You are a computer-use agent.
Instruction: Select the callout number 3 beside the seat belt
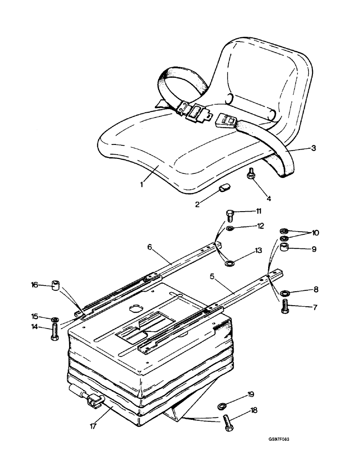[314, 149]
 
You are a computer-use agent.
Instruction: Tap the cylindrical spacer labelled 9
[284, 248]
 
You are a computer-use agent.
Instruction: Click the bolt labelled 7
[285, 307]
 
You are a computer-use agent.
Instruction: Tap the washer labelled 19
[222, 406]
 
